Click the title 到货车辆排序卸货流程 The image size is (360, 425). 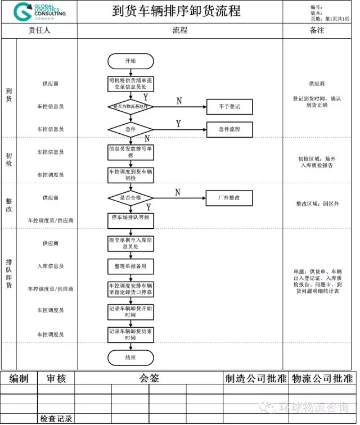point(176,11)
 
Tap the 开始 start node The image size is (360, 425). point(130,61)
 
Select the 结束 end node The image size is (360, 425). point(130,357)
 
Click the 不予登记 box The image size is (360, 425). point(229,106)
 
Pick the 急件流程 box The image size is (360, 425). point(229,129)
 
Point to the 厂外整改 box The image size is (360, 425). point(229,198)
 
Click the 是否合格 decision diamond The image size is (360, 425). point(130,198)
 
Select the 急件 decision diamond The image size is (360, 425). point(130,129)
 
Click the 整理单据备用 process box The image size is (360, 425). point(130,266)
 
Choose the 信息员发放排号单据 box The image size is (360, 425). point(130,152)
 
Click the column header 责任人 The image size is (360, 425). point(39,31)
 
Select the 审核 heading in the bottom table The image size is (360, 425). point(56,378)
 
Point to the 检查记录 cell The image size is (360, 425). point(56,419)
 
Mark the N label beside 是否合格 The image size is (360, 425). point(178,192)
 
